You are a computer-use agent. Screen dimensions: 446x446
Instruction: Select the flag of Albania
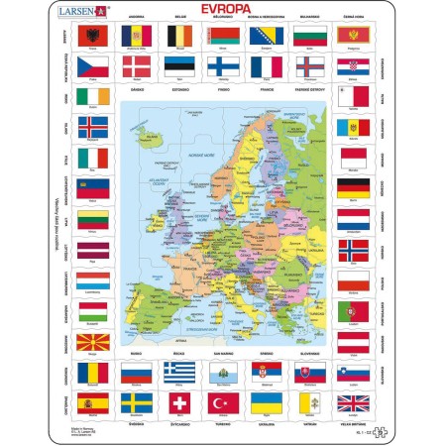click(91, 35)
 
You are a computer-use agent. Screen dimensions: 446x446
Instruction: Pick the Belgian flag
click(179, 35)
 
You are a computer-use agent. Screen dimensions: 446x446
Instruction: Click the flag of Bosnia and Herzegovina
click(267, 35)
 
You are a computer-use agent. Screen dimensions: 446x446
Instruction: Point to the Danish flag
click(135, 66)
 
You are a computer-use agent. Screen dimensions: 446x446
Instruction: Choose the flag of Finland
click(223, 66)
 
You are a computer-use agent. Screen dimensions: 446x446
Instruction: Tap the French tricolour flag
click(267, 66)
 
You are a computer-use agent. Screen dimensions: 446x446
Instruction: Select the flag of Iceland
click(91, 128)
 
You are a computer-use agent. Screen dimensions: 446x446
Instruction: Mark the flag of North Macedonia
click(91, 343)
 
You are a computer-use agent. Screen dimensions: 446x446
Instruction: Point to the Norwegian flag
click(354, 251)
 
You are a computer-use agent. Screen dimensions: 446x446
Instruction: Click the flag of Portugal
click(354, 312)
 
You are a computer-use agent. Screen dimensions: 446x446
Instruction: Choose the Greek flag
click(179, 373)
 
